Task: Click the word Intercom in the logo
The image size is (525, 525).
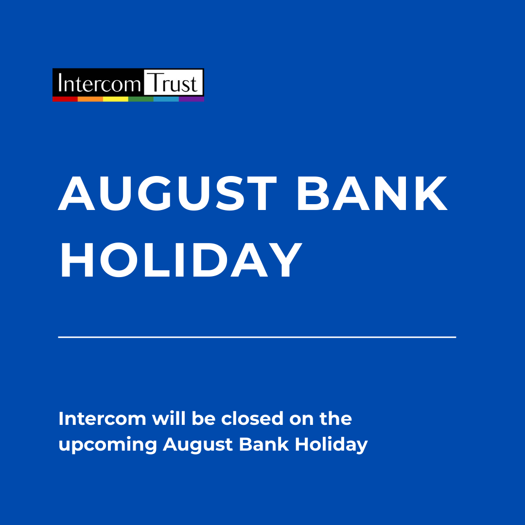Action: coord(99,83)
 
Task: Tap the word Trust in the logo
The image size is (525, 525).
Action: coord(173,83)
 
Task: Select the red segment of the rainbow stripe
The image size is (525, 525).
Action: coord(65,99)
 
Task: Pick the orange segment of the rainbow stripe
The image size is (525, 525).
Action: coord(90,99)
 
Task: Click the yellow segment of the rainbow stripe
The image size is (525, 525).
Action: coord(116,99)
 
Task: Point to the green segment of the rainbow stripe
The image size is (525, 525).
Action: coord(141,99)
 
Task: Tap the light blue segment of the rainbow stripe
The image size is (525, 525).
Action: coord(166,99)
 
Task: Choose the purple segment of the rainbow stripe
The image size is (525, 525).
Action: coord(192,99)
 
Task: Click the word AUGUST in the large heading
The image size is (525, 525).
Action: coord(167,193)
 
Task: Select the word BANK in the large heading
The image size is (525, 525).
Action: coord(372,193)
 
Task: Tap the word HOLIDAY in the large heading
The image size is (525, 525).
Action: coord(181,260)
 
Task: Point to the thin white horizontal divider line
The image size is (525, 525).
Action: coord(257,337)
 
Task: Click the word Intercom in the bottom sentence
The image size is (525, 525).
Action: coord(103,419)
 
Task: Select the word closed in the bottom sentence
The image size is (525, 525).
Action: coord(252,419)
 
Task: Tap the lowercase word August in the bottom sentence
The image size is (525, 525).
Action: coord(198,445)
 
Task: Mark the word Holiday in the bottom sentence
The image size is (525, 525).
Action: coord(331,445)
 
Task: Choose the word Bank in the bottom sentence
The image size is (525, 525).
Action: coord(264,444)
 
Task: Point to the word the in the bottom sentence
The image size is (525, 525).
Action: coord(336,419)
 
